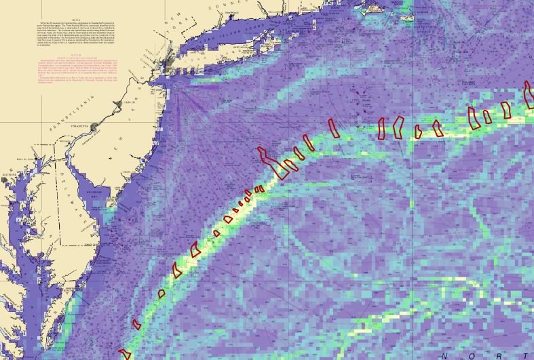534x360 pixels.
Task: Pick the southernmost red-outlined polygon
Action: (x=124, y=354)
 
